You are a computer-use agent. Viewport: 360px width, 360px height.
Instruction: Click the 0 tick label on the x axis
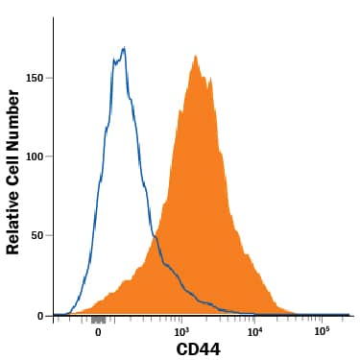(x=98, y=330)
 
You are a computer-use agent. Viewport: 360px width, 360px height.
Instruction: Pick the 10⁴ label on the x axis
(x=254, y=330)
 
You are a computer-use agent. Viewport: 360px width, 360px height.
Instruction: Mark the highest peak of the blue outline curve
(x=124, y=48)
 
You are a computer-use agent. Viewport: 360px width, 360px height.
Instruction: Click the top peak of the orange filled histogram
(x=196, y=56)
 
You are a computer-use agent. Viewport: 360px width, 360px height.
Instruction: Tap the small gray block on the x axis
(x=97, y=318)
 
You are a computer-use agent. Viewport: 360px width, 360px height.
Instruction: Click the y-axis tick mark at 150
(x=51, y=78)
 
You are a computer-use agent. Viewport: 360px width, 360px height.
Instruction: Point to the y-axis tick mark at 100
(x=51, y=156)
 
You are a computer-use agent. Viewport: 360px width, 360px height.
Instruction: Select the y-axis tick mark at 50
(x=51, y=235)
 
